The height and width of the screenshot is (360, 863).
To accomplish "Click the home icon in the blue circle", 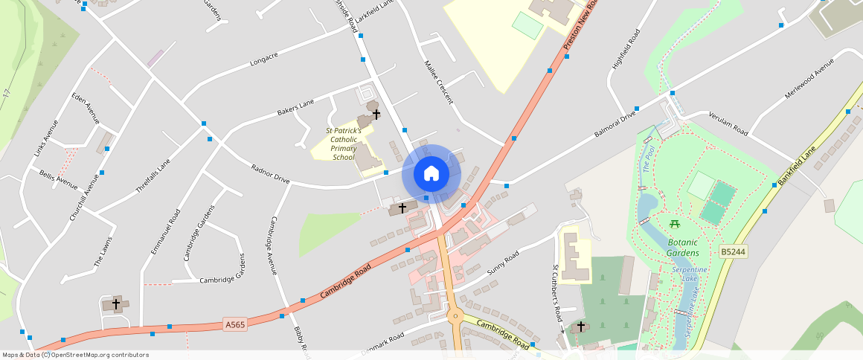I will pyautogui.click(x=431, y=173).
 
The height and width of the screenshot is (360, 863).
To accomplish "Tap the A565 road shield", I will pyautogui.click(x=234, y=324).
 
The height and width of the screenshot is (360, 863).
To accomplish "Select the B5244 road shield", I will pyautogui.click(x=733, y=252).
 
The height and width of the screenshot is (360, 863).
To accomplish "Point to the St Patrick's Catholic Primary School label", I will pyautogui.click(x=344, y=144).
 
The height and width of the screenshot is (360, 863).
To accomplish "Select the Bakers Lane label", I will pyautogui.click(x=296, y=109).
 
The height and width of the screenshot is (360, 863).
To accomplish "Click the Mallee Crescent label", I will pyautogui.click(x=439, y=82).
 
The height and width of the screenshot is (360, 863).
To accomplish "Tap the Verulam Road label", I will pyautogui.click(x=728, y=123).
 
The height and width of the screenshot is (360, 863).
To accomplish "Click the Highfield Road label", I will pyautogui.click(x=626, y=49).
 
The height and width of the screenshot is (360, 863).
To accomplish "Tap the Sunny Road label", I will pyautogui.click(x=502, y=264).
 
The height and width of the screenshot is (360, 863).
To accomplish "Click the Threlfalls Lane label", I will pyautogui.click(x=153, y=176).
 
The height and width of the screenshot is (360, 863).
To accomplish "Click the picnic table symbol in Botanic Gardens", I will pyautogui.click(x=675, y=223).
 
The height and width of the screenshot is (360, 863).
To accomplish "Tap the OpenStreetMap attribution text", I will pyautogui.click(x=75, y=355).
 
